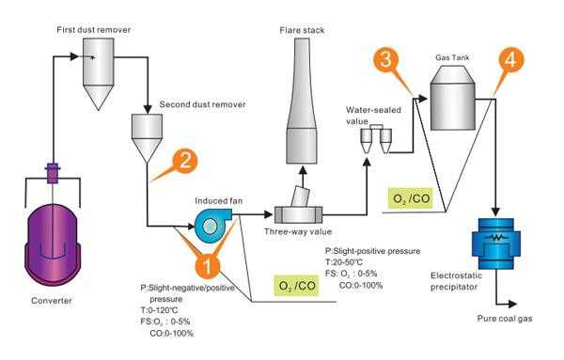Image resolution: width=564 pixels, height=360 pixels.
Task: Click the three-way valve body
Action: [x=298, y=213]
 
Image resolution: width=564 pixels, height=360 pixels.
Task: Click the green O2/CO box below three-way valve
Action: [x=293, y=284]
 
